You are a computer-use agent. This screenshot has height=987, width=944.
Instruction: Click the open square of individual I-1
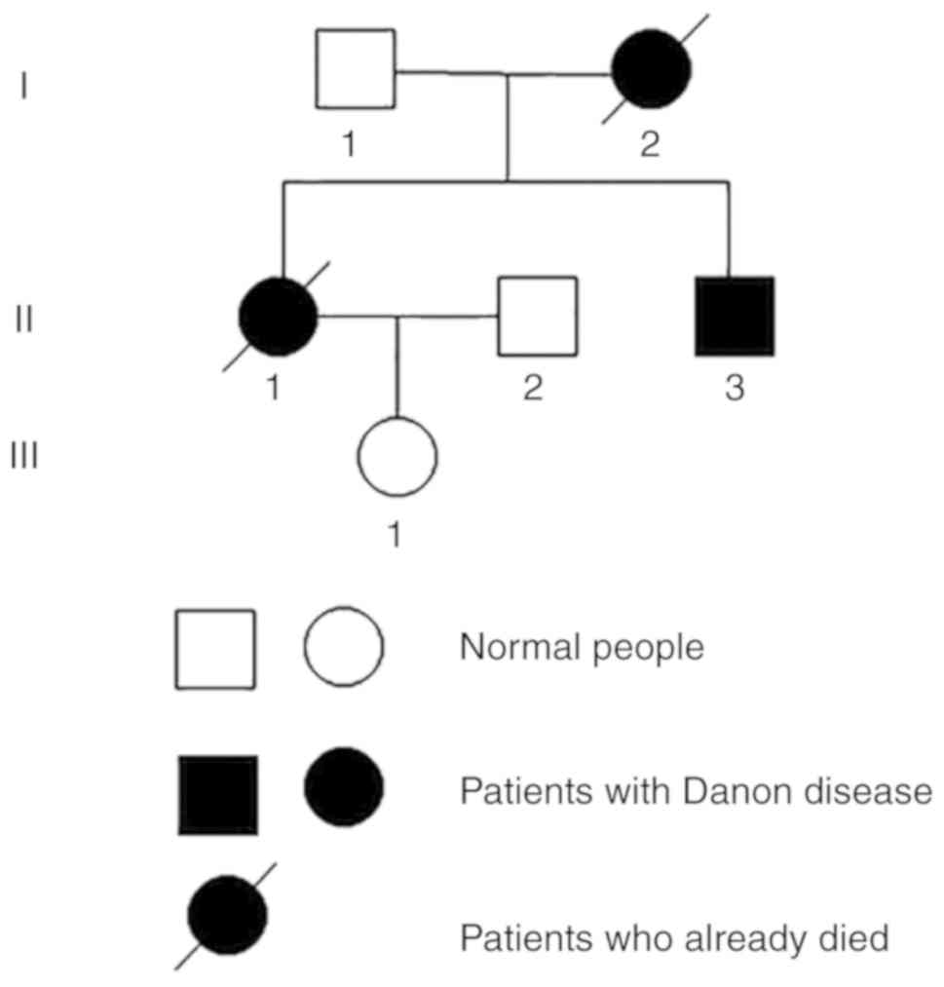(356, 68)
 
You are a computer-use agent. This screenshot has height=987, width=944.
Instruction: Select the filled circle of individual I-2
(651, 69)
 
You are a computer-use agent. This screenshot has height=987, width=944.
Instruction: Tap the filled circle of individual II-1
(279, 317)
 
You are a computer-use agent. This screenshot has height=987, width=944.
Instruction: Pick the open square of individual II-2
(538, 316)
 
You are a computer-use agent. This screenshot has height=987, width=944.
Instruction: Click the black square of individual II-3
(735, 316)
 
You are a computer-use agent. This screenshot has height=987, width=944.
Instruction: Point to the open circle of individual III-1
(397, 456)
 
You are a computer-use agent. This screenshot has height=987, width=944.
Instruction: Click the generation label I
(23, 87)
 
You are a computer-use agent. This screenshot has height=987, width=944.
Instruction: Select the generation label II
(23, 319)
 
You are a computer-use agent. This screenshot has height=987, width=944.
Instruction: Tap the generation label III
(23, 455)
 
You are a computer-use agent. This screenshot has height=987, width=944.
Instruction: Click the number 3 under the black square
(735, 388)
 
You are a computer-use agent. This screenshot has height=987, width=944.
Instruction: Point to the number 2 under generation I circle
(650, 145)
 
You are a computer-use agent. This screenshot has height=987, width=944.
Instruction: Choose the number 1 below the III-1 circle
(395, 534)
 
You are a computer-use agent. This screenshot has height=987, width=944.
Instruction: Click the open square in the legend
(215, 649)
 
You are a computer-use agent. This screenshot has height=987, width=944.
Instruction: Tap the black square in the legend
(218, 794)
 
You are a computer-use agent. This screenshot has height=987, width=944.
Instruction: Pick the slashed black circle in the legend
(227, 915)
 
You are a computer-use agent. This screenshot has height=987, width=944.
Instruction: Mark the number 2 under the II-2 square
(531, 388)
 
